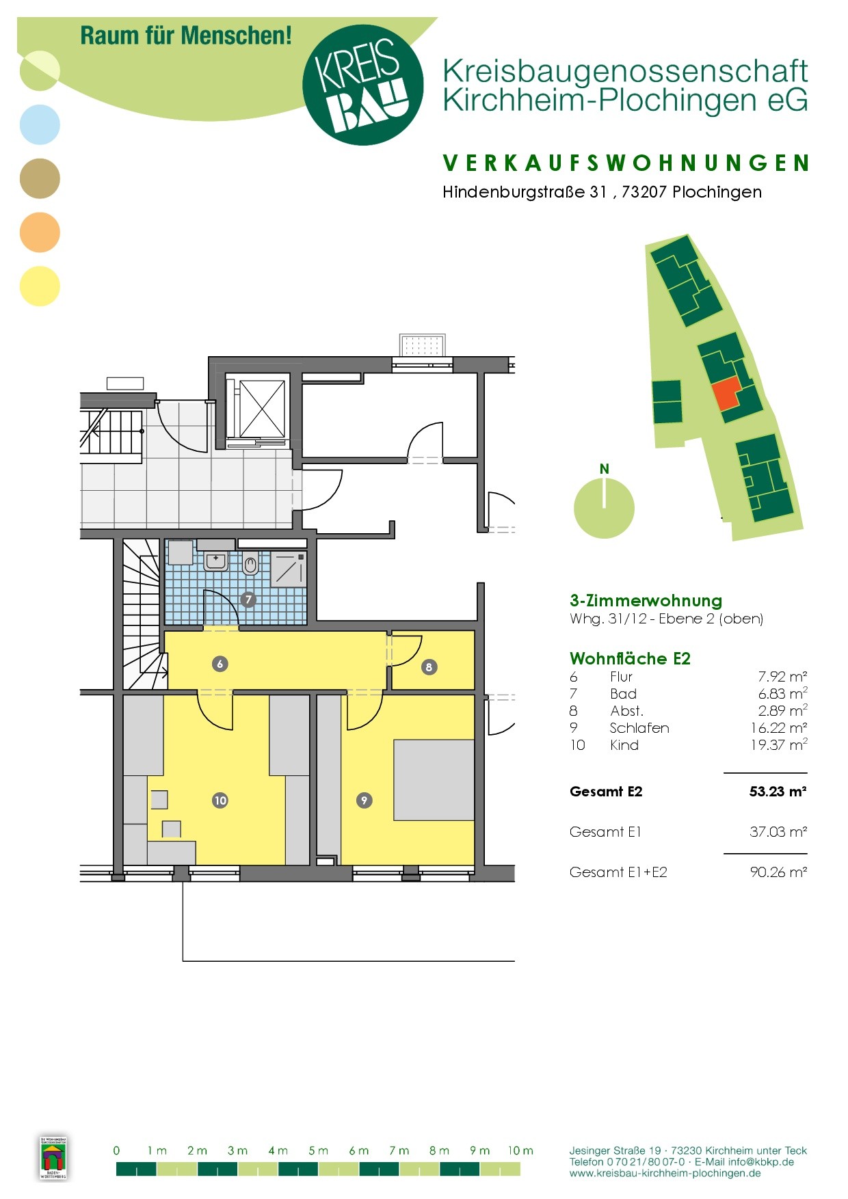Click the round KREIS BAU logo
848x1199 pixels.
click(x=362, y=85)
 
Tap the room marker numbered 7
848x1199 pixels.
click(x=248, y=599)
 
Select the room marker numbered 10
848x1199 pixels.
click(x=220, y=800)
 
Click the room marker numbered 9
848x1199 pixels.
click(x=364, y=800)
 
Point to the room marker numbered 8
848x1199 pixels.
click(x=429, y=667)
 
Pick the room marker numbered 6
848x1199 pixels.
click(x=220, y=664)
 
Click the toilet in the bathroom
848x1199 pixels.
click(x=250, y=564)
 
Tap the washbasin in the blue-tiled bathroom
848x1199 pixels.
click(x=216, y=561)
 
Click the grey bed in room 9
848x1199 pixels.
click(x=434, y=780)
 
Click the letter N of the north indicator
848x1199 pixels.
click(x=605, y=469)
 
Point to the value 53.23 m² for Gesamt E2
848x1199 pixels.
click(x=778, y=792)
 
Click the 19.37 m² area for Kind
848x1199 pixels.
click(x=779, y=744)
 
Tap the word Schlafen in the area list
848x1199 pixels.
click(x=639, y=728)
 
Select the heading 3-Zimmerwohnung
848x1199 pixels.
click(x=646, y=601)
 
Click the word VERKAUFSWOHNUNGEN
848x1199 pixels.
click(x=626, y=163)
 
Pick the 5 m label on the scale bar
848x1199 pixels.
click(x=319, y=1150)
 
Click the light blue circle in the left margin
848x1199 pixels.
click(x=40, y=124)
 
